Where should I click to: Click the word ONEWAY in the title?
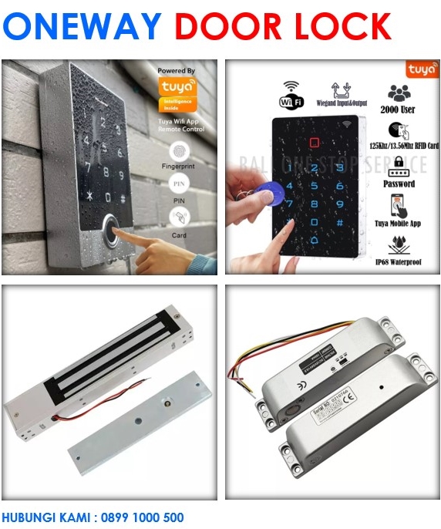83,27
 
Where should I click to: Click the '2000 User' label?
399,110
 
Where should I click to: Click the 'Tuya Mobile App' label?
399,224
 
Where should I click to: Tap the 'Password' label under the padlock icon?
399,184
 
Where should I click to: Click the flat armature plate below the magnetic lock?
139,436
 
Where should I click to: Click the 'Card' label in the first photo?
179,236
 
